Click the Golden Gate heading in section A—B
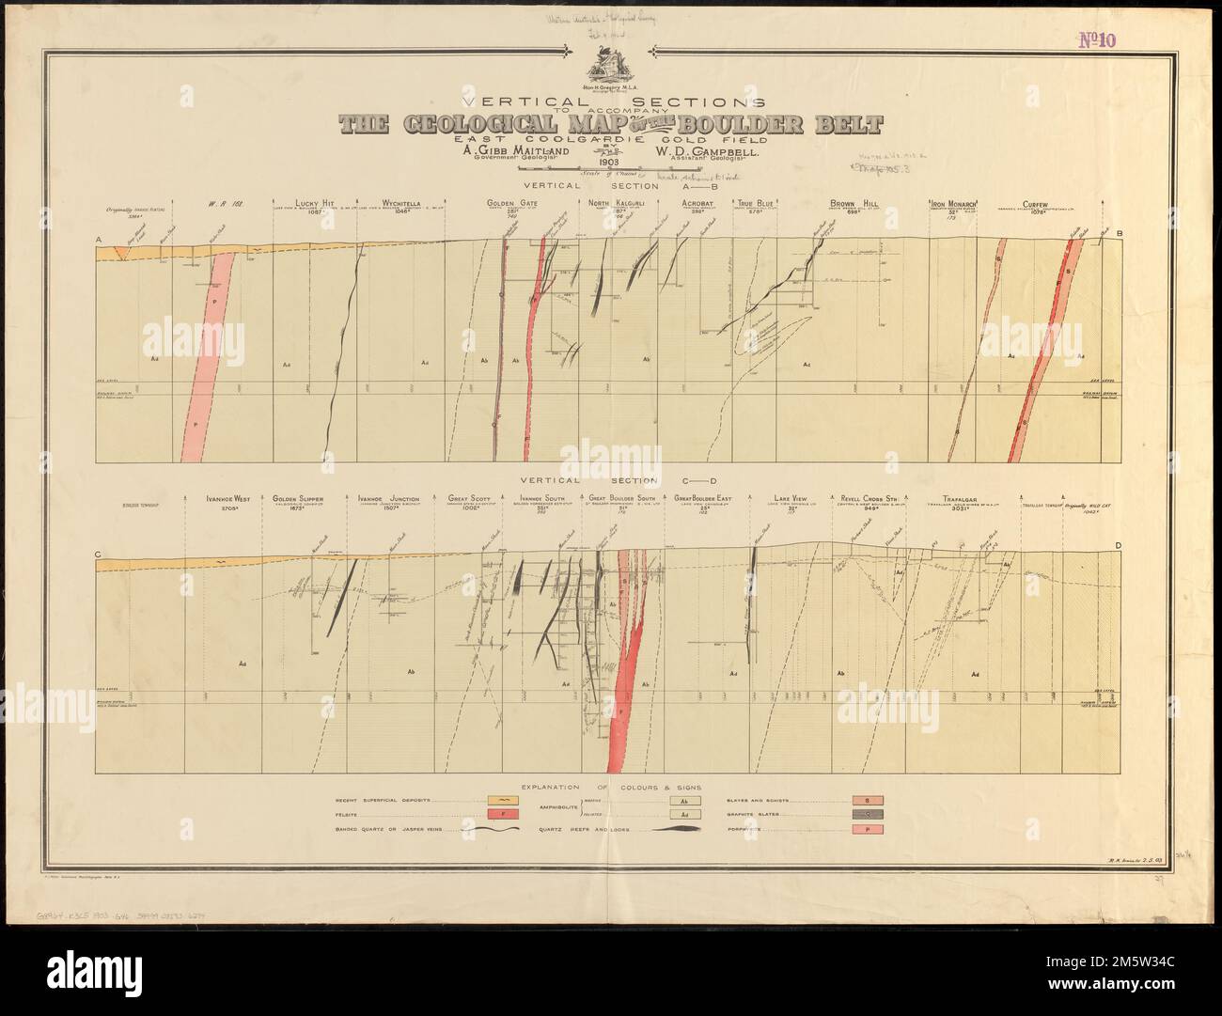[x=512, y=203]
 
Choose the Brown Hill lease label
[x=854, y=203]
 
